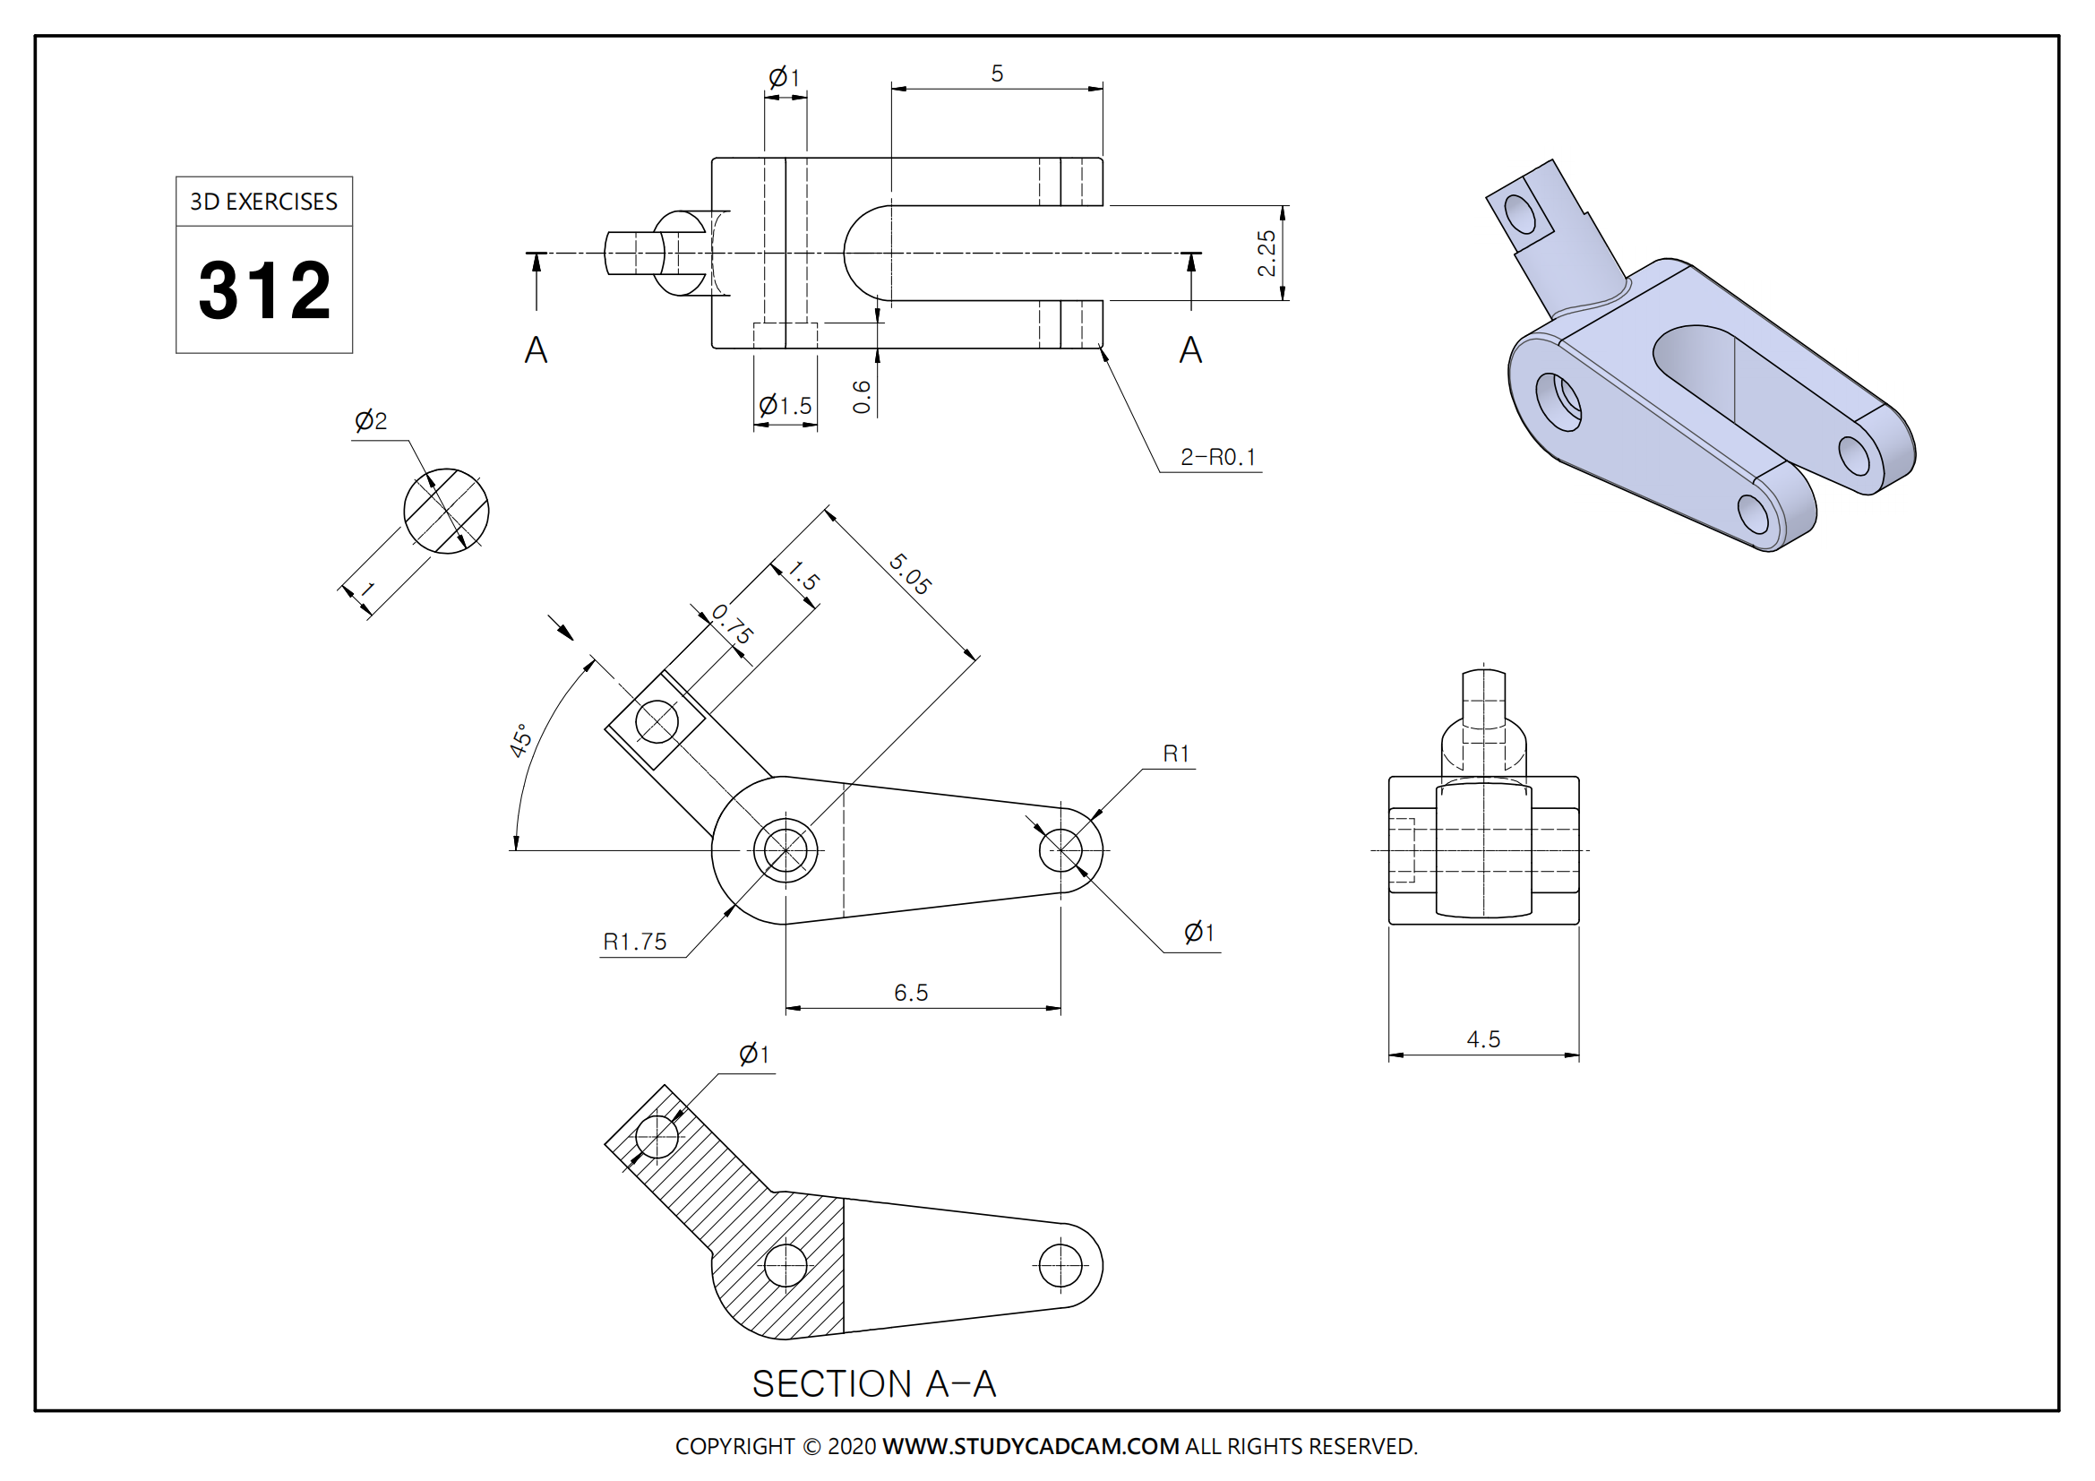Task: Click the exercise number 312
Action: [264, 290]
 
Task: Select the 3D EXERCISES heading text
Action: [263, 202]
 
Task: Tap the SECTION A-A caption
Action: [873, 1384]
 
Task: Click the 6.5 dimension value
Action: [911, 993]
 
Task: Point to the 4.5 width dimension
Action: [1482, 1039]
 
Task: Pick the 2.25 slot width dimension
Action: [1266, 253]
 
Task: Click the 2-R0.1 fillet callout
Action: [1218, 457]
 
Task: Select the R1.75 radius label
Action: [635, 942]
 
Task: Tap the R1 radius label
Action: [1176, 753]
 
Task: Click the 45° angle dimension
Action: [520, 740]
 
